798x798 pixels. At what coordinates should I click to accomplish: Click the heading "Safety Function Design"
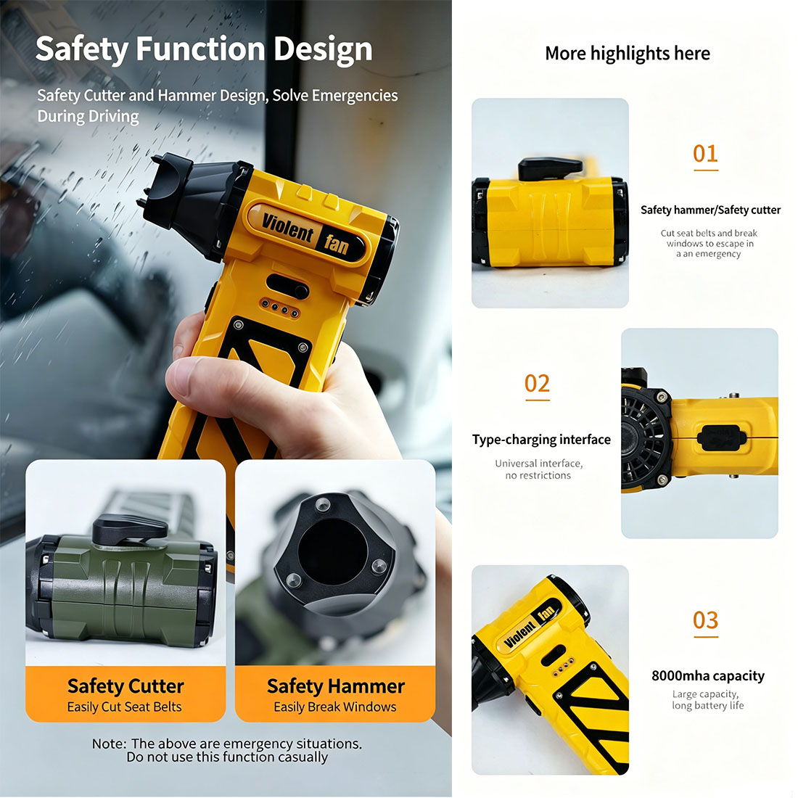pos(204,50)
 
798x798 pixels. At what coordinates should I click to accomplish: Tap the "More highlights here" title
pos(628,54)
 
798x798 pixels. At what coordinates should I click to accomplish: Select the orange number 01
pos(705,153)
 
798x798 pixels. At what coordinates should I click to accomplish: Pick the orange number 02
pos(538,383)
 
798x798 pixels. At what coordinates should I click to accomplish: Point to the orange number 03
pos(705,620)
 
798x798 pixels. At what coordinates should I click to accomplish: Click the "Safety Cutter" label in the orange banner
pos(126,686)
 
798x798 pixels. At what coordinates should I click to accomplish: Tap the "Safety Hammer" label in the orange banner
pos(336,686)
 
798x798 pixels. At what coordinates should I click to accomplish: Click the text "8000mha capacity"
pos(708,676)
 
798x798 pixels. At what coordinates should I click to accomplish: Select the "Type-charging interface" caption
pos(541,440)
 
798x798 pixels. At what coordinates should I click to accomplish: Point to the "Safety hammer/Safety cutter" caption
pos(710,210)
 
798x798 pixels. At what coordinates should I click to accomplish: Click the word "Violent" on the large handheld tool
pos(287,228)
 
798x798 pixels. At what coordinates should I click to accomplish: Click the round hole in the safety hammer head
pos(333,552)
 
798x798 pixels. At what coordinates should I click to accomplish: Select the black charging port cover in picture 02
pos(721,437)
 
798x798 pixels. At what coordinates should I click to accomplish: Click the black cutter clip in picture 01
pos(550,168)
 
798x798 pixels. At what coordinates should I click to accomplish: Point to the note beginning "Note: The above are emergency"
pos(227,750)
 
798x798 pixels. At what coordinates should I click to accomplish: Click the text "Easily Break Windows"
pos(335,707)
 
